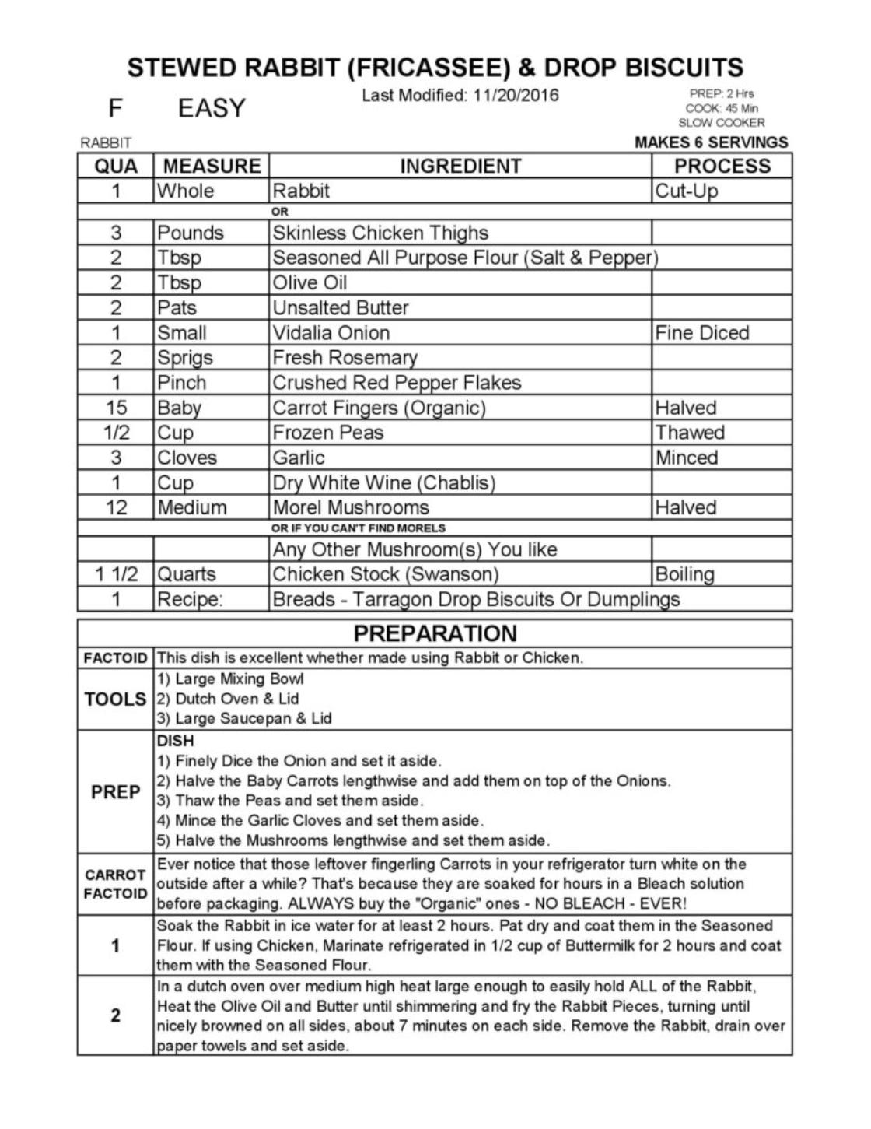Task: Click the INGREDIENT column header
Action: [x=460, y=166]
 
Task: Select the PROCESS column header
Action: [x=722, y=166]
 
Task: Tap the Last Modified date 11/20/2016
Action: [x=516, y=96]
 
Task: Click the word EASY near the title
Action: [x=212, y=108]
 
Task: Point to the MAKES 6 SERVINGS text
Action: [x=711, y=142]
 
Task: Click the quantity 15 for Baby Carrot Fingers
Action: [x=116, y=408]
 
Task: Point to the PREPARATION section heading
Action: [x=435, y=633]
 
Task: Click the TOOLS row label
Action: [x=115, y=699]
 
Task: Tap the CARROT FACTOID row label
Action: [x=115, y=884]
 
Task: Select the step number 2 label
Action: [x=115, y=1015]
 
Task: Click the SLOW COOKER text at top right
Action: [x=721, y=123]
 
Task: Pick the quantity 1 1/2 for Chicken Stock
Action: [x=116, y=574]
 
